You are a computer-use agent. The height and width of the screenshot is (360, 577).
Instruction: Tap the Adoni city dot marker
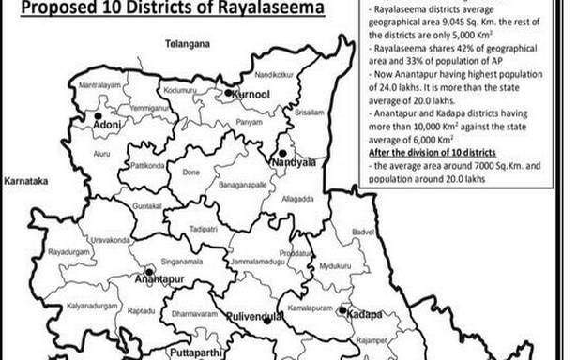pos(97,117)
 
